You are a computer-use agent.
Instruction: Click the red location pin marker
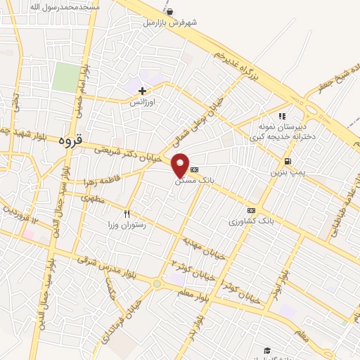tap(181, 165)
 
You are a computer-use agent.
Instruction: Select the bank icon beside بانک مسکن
tap(195, 169)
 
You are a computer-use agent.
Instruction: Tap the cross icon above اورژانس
tap(142, 91)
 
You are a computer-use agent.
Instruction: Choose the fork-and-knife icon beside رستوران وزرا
tap(127, 213)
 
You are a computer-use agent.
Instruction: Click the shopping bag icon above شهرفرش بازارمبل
tap(169, 11)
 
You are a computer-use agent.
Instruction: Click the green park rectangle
tap(67, 77)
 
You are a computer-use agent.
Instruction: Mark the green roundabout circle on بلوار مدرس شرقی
tap(157, 284)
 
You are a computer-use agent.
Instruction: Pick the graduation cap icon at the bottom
tap(266, 349)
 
